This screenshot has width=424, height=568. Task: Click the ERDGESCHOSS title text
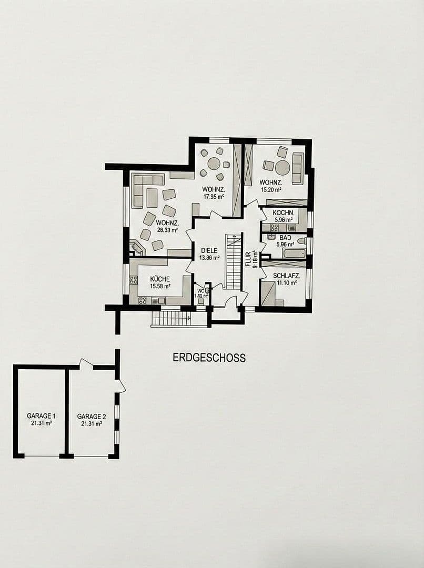point(209,358)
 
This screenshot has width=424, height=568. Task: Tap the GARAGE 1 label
point(39,416)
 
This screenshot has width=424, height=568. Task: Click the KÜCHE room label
point(160,279)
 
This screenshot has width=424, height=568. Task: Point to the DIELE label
point(209,250)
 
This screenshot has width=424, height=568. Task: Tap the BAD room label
point(285,238)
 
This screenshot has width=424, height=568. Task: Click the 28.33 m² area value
point(166,230)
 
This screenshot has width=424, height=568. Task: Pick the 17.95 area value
point(214,197)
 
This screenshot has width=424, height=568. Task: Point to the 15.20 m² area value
point(270,190)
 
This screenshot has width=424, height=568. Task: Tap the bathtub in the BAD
point(293,253)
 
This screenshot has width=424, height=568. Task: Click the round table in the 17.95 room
point(214,164)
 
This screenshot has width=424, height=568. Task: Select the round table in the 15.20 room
point(282,167)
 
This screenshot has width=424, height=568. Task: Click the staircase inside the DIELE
point(233,261)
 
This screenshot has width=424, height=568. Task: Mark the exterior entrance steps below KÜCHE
point(170,319)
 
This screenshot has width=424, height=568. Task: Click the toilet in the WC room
point(207,290)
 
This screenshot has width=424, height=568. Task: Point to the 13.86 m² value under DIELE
point(209,258)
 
